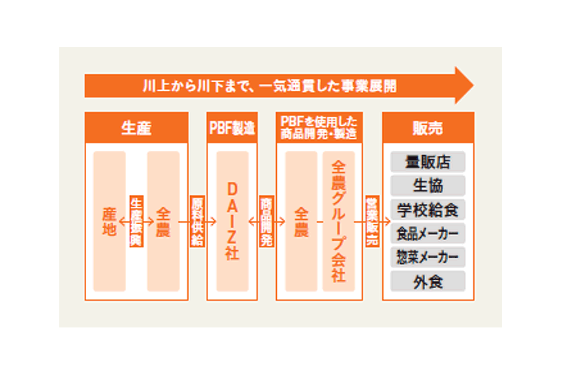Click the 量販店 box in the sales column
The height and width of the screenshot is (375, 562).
click(428, 161)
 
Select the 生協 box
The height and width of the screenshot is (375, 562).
click(428, 185)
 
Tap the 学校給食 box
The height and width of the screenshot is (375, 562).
click(428, 210)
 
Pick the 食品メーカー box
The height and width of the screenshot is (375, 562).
click(428, 233)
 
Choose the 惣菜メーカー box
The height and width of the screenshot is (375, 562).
click(428, 257)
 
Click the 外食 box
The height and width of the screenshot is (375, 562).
click(428, 281)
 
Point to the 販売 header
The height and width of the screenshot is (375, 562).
click(428, 128)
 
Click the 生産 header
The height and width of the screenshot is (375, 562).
click(136, 128)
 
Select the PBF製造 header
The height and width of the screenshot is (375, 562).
click(232, 128)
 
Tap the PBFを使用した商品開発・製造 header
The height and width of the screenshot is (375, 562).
click(319, 128)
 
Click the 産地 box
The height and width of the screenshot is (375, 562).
click(110, 221)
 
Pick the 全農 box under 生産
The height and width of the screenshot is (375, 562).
click(163, 221)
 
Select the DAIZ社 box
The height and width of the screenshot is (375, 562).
click(232, 221)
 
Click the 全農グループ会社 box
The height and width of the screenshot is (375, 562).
click(339, 221)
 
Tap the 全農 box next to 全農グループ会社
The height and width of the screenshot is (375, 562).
click(301, 221)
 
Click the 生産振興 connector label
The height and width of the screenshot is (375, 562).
click(136, 221)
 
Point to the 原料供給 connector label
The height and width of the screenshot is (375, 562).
click(197, 221)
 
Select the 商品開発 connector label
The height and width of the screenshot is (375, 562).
click(267, 221)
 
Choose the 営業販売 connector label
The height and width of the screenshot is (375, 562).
click(372, 221)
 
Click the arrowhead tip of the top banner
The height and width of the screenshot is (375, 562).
click(473, 85)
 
